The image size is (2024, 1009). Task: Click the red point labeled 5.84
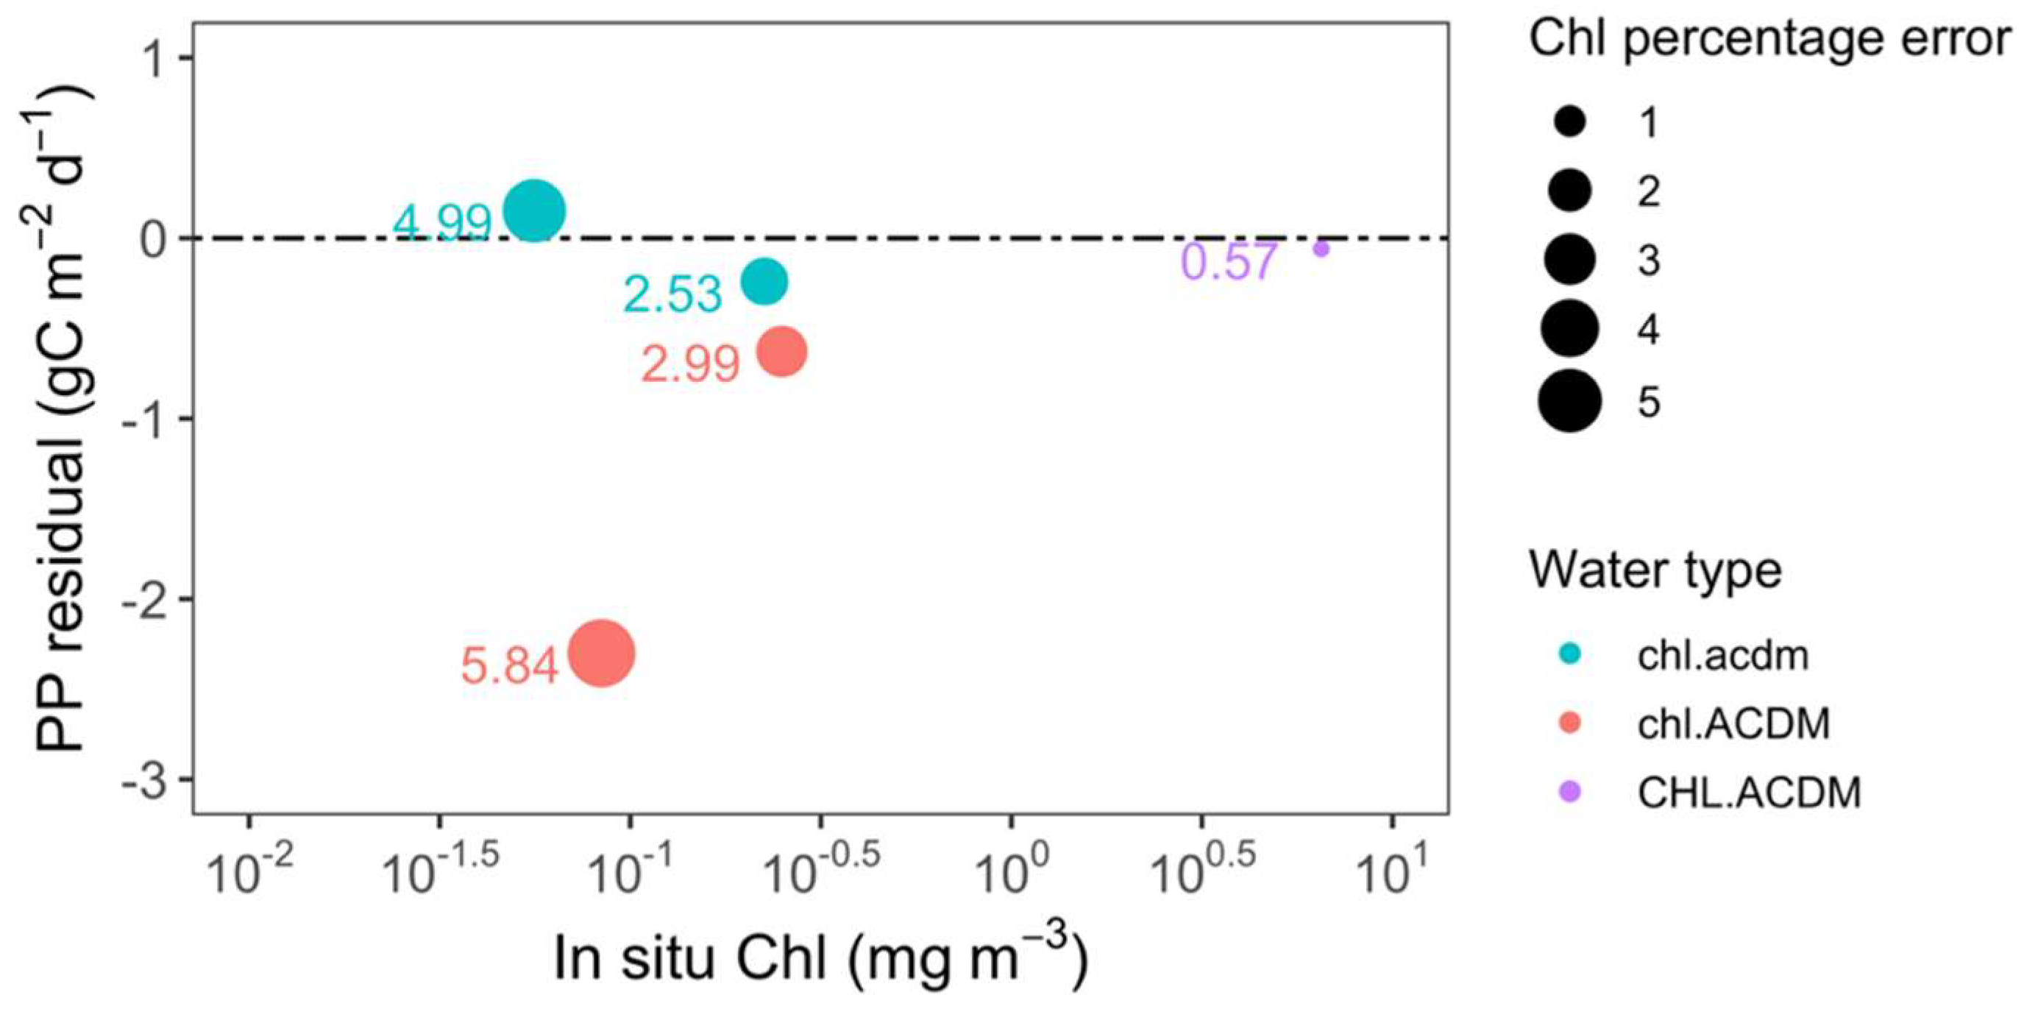[601, 653]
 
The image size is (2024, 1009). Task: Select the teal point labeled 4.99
[533, 210]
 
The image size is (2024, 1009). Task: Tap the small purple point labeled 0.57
[1321, 249]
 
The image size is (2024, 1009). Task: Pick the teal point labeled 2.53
[764, 280]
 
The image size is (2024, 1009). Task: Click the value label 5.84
[509, 665]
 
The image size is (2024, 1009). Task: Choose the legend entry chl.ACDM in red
[1733, 723]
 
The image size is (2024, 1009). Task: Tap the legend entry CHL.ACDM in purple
[1749, 792]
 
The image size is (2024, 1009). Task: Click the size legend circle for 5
[1569, 401]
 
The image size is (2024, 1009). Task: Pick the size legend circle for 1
[1569, 123]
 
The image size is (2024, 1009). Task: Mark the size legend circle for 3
[1569, 259]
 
